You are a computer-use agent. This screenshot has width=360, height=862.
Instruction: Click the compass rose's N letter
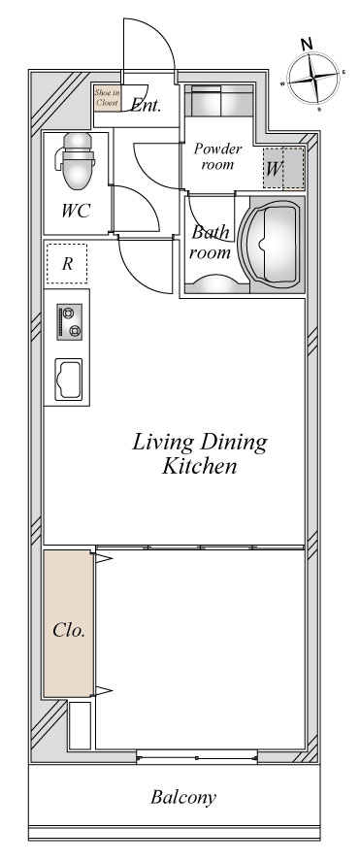(308, 44)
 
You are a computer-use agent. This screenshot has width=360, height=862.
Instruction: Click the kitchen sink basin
(68, 380)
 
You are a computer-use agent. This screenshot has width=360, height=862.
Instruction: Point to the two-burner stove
(69, 321)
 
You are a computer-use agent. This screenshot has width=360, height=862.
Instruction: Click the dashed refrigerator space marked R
(67, 263)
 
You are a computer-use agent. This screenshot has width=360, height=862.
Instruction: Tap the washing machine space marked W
(283, 168)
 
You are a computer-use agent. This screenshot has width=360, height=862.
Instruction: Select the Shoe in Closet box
(107, 98)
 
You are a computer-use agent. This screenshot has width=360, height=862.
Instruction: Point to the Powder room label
(217, 156)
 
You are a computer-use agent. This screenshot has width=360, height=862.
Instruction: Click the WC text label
(76, 211)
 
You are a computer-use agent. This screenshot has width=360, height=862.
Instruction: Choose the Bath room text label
(211, 242)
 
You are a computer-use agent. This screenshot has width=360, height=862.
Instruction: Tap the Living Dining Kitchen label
(200, 453)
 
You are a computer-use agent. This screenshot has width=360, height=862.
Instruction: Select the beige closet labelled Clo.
(69, 623)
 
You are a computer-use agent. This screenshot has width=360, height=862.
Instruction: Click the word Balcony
(183, 797)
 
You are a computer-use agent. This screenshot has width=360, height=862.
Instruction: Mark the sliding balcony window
(197, 757)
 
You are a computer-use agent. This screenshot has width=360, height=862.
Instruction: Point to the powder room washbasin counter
(218, 100)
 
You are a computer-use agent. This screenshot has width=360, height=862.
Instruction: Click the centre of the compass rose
(313, 78)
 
